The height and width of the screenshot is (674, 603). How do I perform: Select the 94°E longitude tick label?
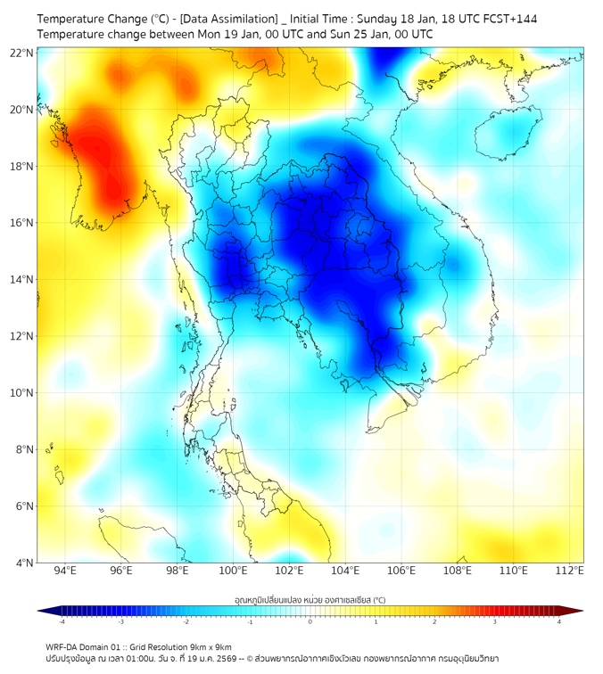point(65,571)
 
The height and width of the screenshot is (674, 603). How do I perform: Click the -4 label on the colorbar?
point(62,621)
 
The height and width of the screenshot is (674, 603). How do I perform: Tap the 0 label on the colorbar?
point(310,621)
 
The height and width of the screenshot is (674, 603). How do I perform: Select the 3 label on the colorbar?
point(497,621)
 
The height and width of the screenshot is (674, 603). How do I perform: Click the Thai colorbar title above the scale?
point(310,599)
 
